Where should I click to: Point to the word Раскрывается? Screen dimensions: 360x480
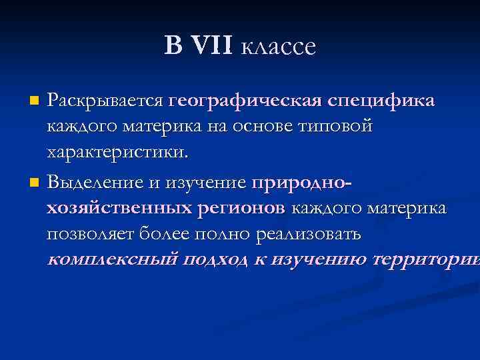coord(105,101)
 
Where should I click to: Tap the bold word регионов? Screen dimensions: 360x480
coord(241,208)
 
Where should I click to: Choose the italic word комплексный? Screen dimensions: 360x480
coord(112,260)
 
